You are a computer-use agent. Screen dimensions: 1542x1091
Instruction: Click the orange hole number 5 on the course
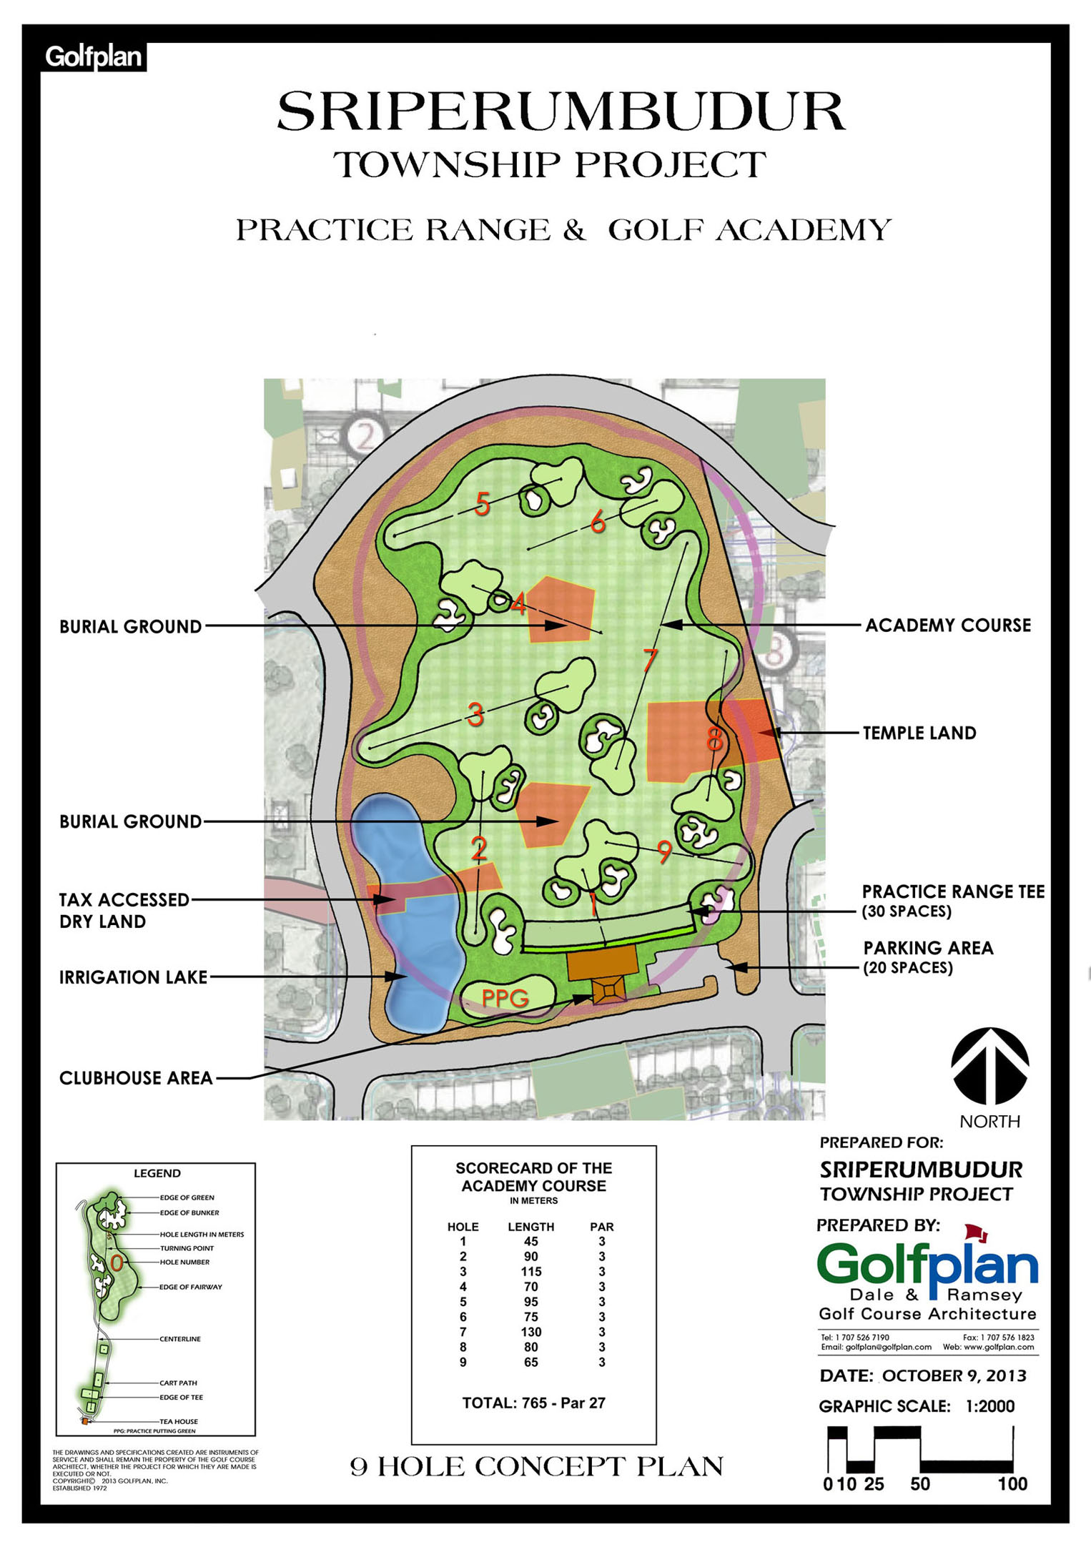[483, 505]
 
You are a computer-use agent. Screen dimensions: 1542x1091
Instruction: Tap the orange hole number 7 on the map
[649, 660]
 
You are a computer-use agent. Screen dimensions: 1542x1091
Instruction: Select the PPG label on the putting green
[505, 997]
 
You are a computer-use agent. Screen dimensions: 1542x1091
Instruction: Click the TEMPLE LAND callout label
[919, 733]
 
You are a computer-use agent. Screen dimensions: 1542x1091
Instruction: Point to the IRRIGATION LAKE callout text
[133, 977]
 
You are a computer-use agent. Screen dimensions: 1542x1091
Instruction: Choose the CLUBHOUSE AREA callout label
[136, 1078]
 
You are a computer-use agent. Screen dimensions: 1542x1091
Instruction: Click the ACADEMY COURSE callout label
[948, 626]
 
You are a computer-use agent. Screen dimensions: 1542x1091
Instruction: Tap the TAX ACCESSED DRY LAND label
[124, 910]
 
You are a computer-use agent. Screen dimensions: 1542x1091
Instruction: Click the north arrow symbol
[989, 1066]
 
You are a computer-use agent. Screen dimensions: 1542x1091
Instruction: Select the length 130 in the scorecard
[531, 1332]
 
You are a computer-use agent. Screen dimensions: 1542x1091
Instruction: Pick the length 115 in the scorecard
[531, 1272]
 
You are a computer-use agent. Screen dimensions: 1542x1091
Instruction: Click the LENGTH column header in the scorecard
[530, 1227]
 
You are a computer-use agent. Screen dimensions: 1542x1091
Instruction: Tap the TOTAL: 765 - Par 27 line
[533, 1403]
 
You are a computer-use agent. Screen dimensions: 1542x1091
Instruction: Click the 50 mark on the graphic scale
[919, 1484]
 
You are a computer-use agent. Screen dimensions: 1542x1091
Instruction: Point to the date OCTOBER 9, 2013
[954, 1375]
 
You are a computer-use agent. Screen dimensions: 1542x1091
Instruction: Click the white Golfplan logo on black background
[94, 56]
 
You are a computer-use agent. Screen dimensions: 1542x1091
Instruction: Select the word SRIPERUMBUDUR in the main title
[561, 112]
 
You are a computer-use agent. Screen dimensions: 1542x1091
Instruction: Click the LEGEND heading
[157, 1173]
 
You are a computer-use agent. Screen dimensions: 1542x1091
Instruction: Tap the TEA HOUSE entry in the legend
[179, 1421]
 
